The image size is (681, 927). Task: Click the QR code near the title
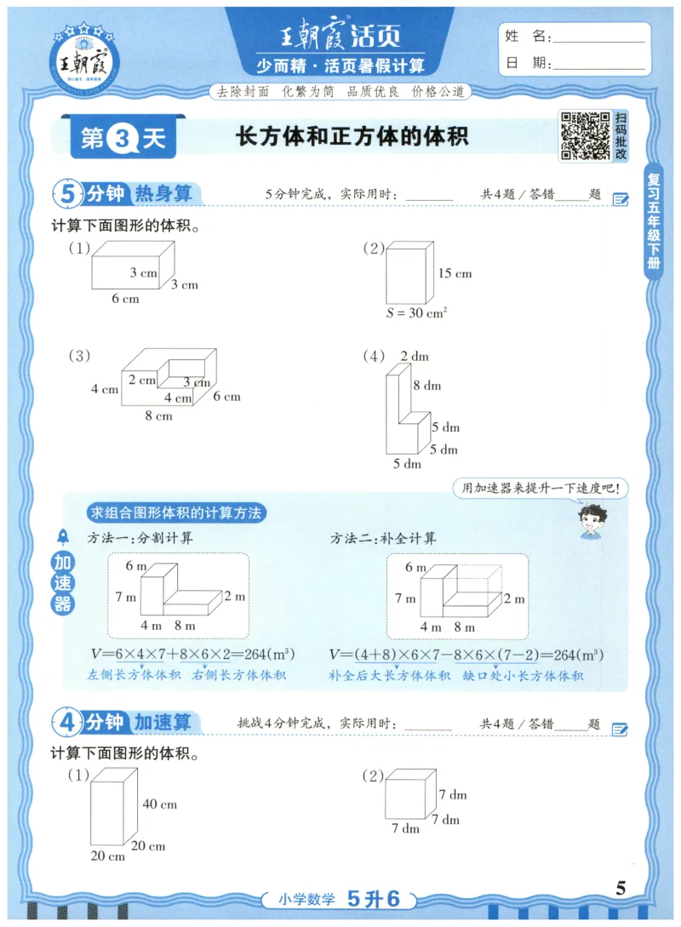tap(584, 136)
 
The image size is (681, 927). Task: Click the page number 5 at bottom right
tap(621, 889)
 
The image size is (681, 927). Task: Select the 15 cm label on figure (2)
tap(455, 274)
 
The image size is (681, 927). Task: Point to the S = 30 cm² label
tap(416, 312)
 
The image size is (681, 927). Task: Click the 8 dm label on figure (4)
tap(426, 386)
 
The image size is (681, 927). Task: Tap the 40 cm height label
tap(159, 804)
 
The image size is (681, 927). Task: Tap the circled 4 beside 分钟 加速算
tap(68, 724)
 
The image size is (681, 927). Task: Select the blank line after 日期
tap(598, 64)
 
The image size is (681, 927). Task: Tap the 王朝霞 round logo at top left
tap(85, 60)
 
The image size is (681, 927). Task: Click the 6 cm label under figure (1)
tap(125, 299)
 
